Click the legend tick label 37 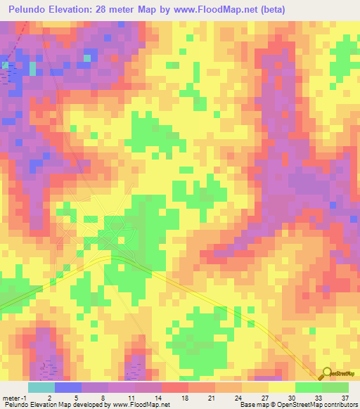point(335,398)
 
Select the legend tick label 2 point(68,398)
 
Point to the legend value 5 point(95,398)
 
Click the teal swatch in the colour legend point(41,387)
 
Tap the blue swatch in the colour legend point(68,387)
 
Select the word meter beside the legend point(12,398)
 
